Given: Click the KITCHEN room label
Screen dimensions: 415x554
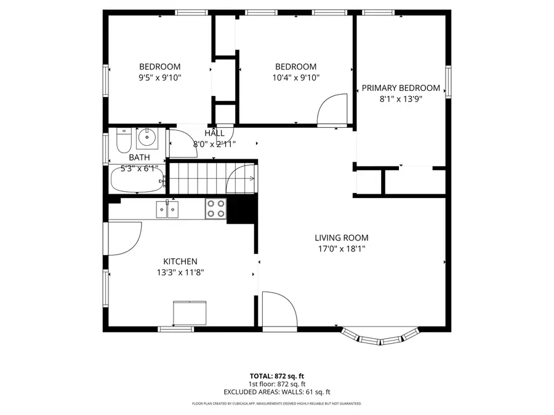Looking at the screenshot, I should pyautogui.click(x=180, y=261).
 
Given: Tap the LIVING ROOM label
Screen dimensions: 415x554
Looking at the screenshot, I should pyautogui.click(x=342, y=238).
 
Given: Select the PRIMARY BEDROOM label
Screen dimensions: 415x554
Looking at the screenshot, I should pyautogui.click(x=401, y=88).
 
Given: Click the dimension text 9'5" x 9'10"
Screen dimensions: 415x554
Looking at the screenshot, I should pyautogui.click(x=159, y=77).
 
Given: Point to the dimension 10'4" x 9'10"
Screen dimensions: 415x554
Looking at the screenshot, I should pyautogui.click(x=295, y=77).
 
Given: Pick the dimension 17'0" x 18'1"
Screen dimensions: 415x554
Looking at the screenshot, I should pyautogui.click(x=342, y=249).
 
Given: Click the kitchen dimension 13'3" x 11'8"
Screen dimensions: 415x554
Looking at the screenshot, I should pyautogui.click(x=180, y=272).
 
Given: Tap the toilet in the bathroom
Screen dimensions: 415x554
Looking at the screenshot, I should pyautogui.click(x=123, y=142).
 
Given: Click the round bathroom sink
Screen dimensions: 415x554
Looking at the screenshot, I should pyautogui.click(x=147, y=139).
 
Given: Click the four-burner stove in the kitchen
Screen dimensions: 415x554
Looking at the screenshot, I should pyautogui.click(x=215, y=208).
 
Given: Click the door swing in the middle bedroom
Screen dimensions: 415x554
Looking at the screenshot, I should pyautogui.click(x=333, y=109).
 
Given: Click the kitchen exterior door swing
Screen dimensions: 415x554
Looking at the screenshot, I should pyautogui.click(x=124, y=237).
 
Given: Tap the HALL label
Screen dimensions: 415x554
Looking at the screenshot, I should pyautogui.click(x=214, y=133).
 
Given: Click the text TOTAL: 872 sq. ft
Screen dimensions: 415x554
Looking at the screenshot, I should pyautogui.click(x=276, y=375).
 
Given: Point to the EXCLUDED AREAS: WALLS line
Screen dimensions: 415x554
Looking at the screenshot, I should pyautogui.click(x=276, y=391).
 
